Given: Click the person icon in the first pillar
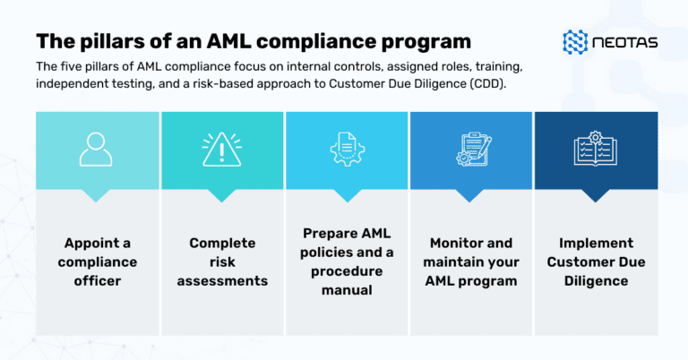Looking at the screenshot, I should [x=96, y=150].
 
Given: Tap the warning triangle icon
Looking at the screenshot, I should [x=220, y=150].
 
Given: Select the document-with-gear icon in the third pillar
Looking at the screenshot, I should [x=345, y=150].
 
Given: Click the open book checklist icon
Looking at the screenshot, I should [x=595, y=150].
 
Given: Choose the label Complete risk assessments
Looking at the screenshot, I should [x=222, y=261].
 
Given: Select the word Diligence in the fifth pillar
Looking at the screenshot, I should [x=596, y=280].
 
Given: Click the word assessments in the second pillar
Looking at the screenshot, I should [x=222, y=280].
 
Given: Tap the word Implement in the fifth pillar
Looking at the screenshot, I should [x=596, y=243].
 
